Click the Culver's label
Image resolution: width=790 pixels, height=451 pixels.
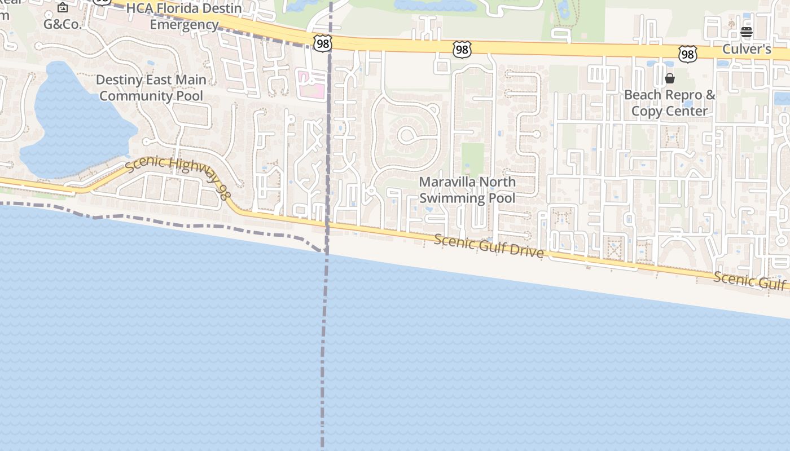point(747,49)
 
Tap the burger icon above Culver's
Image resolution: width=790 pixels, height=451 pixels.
point(747,32)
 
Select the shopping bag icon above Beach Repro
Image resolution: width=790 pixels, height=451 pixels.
point(670,78)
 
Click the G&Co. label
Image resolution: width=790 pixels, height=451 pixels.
point(63,24)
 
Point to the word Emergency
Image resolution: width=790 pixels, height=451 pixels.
point(184,25)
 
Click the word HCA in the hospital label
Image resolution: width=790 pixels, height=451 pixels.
point(139,8)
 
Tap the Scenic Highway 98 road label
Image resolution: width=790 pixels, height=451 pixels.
point(178,176)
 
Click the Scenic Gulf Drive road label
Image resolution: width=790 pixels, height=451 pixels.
point(489,246)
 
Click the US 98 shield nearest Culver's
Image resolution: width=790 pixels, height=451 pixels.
point(688,54)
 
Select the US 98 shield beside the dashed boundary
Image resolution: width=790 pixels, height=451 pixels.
point(322,43)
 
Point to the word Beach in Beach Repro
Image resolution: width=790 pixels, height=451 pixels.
point(642,95)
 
